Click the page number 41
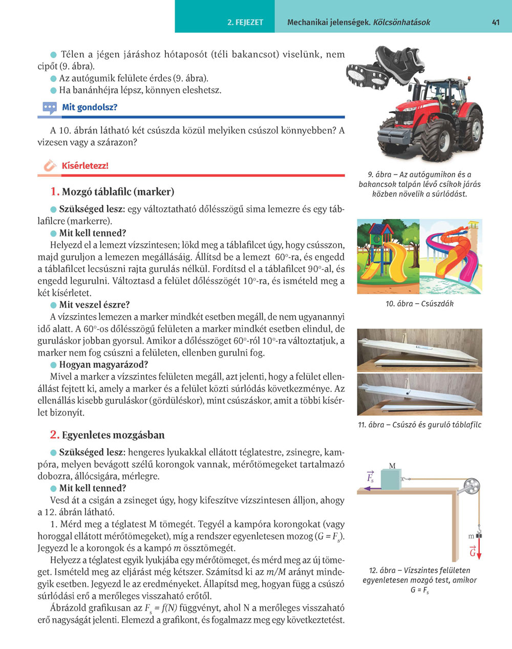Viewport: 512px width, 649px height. [495, 23]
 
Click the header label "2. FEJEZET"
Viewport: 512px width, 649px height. [245, 23]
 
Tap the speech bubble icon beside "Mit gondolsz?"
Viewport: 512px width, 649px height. [50, 108]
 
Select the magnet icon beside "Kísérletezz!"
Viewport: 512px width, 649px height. [50, 166]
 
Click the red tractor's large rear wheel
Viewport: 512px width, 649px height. [470, 131]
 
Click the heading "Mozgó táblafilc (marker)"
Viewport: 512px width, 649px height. [118, 192]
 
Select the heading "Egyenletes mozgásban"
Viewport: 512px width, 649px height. [113, 436]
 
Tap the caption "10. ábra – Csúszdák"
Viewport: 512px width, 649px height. [419, 304]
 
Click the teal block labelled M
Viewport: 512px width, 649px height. [392, 480]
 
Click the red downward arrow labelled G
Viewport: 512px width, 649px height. [480, 552]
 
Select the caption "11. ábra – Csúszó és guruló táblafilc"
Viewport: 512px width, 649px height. [419, 425]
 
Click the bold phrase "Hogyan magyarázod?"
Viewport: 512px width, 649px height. [103, 365]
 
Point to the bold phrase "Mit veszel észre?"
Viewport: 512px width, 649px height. [94, 305]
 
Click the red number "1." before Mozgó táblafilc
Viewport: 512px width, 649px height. [55, 192]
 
